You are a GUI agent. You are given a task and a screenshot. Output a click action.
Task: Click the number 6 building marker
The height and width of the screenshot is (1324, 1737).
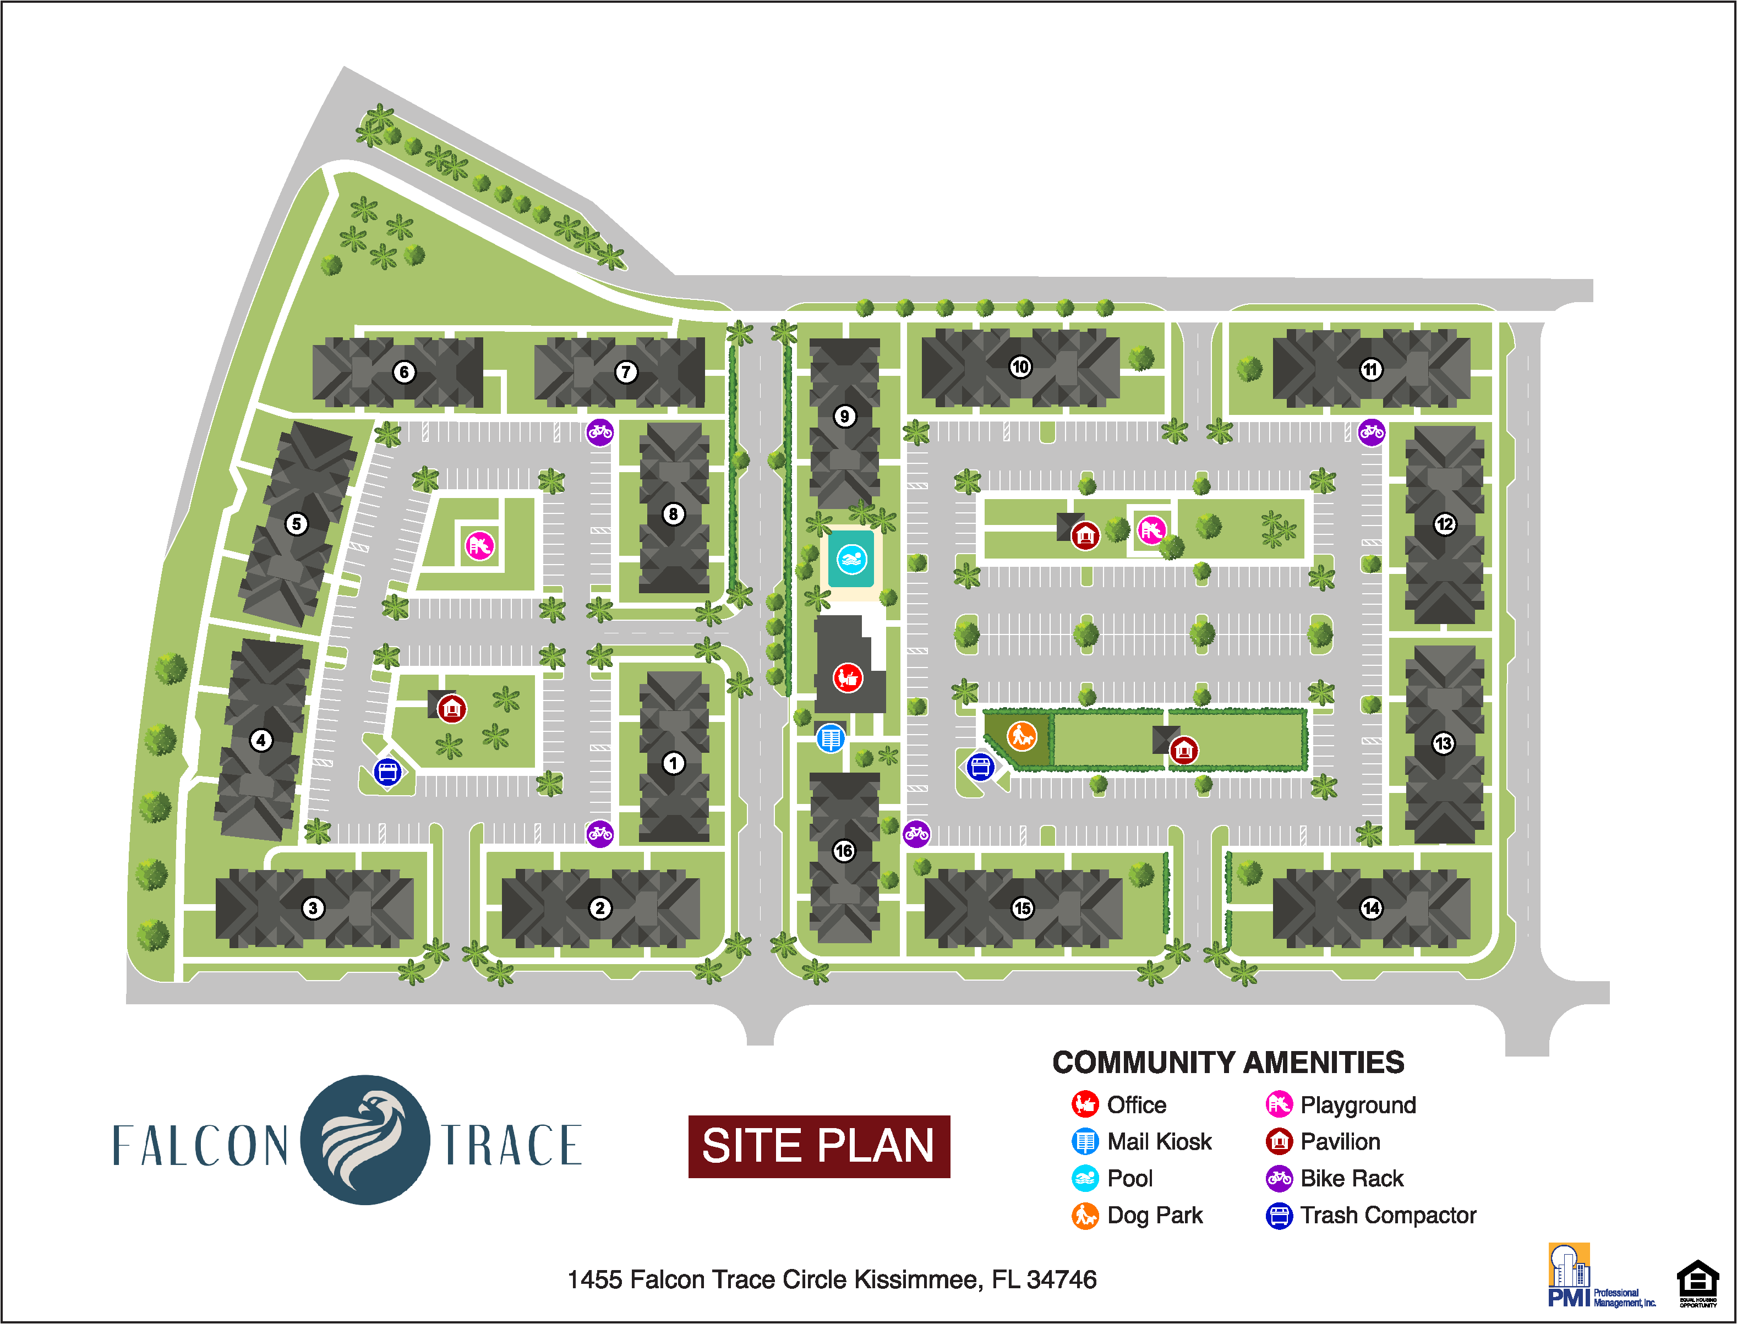coord(403,372)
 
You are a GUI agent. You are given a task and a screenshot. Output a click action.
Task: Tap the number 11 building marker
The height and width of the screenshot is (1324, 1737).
coord(1370,369)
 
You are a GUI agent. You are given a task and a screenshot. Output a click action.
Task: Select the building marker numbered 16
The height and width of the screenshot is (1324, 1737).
coord(843,850)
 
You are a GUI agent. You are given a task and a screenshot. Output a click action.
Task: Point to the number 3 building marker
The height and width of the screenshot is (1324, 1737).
coord(312,908)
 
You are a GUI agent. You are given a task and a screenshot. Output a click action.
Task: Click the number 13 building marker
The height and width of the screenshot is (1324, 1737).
coord(1443,743)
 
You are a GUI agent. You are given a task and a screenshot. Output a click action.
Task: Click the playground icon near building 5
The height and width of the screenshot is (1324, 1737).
coord(479,545)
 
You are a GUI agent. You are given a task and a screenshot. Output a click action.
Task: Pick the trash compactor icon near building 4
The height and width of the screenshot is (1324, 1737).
coord(387,772)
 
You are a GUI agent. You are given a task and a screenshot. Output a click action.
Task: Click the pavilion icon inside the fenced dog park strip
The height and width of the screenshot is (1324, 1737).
coord(1183,750)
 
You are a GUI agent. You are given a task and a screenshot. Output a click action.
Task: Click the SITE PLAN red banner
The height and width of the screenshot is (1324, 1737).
coord(819,1146)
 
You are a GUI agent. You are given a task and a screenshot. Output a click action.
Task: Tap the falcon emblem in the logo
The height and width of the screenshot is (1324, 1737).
coord(365,1140)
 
